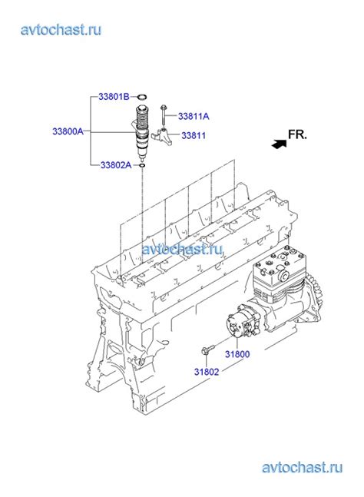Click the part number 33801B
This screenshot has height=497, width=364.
coord(114,96)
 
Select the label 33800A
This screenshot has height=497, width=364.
coord(68,131)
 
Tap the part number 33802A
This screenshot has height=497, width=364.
coord(116,165)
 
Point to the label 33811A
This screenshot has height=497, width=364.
coord(194,116)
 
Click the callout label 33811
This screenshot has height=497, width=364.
coord(194,136)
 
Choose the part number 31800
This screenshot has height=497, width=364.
coord(237,354)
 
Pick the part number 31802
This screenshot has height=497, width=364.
coord(207,372)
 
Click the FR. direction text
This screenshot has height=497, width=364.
coord(297,134)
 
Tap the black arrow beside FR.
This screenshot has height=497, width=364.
coord(279,144)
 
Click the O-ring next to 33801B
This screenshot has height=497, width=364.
coord(143,96)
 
